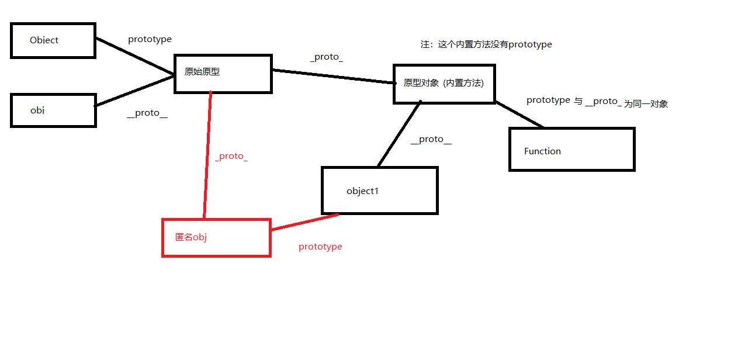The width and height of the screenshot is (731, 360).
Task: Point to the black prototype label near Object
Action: coord(150,40)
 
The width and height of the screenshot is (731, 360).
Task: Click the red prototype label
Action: coord(320,247)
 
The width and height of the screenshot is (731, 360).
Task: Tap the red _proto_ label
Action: coord(231,157)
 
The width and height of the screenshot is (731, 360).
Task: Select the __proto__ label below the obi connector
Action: coord(147,113)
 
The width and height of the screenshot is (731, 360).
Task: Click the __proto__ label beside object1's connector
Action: coord(431,140)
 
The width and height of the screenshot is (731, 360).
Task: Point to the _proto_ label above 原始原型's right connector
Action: coord(327,57)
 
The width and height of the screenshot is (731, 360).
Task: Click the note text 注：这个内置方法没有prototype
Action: coord(486,44)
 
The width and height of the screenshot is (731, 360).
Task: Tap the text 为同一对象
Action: coord(646,104)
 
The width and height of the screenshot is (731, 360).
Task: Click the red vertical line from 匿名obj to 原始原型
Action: coord(207,155)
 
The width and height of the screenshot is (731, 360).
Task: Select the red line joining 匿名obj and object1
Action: coord(305,222)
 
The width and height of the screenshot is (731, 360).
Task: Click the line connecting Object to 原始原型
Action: coord(135,56)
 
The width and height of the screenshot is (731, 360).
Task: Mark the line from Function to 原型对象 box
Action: coord(519,115)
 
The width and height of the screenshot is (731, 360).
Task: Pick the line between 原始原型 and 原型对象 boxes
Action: coord(333,77)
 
